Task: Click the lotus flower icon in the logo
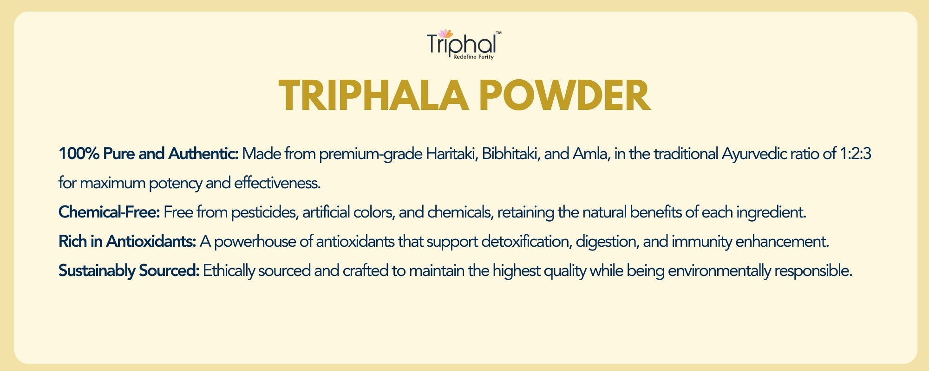445,34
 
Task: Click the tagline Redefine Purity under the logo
473,57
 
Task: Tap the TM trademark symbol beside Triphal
498,33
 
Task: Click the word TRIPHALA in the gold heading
374,96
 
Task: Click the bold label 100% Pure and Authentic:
149,154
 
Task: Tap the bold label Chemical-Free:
109,212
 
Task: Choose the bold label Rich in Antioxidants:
127,242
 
